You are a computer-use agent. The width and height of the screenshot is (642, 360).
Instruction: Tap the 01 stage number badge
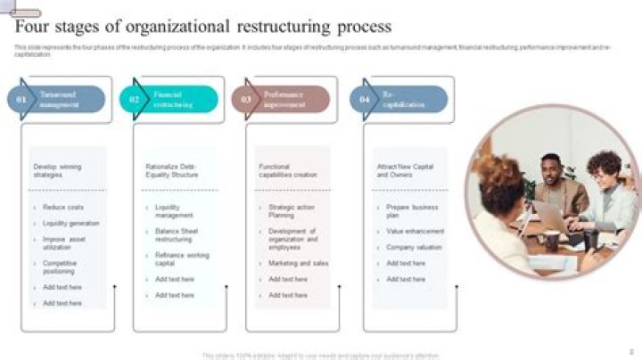click(21, 100)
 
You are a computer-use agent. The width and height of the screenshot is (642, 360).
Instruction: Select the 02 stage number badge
click(134, 100)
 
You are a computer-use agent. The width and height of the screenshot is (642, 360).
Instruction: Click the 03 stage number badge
click(246, 100)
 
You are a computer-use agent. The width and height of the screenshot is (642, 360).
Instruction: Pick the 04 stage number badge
click(364, 100)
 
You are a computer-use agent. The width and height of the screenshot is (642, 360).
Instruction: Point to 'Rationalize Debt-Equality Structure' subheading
click(171, 170)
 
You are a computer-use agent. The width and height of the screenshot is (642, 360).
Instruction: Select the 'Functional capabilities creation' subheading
click(287, 170)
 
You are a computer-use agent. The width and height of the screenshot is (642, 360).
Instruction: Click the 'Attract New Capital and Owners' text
click(406, 170)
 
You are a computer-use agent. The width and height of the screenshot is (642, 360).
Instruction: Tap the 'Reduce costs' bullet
click(63, 207)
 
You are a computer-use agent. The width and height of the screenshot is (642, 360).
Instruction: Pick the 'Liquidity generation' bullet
click(70, 223)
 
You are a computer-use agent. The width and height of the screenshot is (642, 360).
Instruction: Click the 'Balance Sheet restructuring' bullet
click(177, 234)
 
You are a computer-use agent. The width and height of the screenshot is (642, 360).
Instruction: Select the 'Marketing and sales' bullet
click(298, 263)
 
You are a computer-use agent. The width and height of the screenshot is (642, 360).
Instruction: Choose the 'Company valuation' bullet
click(414, 247)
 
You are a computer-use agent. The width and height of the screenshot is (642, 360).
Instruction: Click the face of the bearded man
click(552, 168)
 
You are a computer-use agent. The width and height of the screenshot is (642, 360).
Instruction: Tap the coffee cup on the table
click(552, 241)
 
